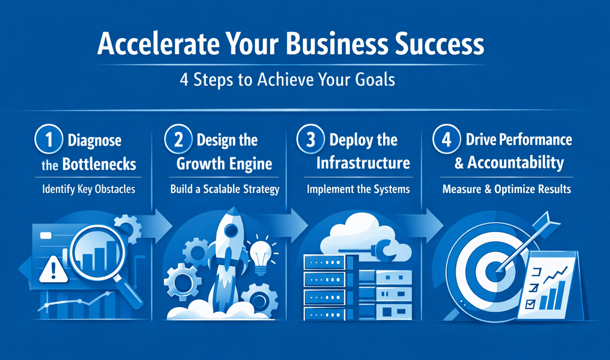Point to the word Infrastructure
tap(363, 164)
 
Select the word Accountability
tap(515, 163)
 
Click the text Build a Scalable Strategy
tap(225, 190)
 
